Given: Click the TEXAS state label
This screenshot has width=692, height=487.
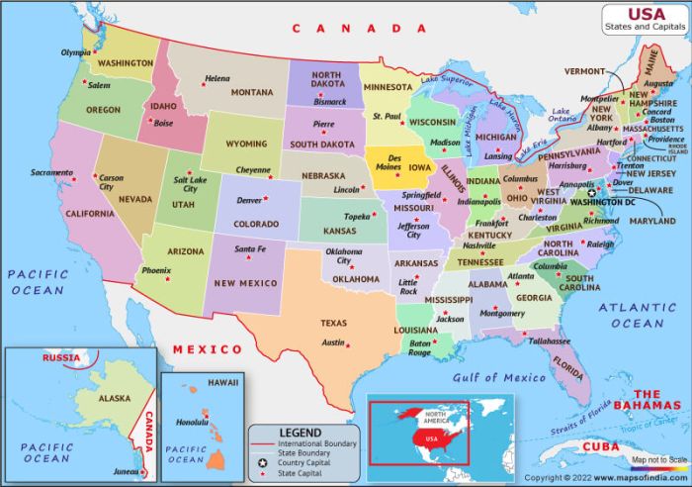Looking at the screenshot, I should pyautogui.click(x=333, y=323).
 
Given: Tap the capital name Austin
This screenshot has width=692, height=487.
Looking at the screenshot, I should pyautogui.click(x=333, y=342).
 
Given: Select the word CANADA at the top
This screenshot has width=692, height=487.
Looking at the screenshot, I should pyautogui.click(x=362, y=29).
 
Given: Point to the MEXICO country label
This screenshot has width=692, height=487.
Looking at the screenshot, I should pyautogui.click(x=208, y=349).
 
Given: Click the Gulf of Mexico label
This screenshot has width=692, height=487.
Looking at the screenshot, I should pyautogui.click(x=498, y=377).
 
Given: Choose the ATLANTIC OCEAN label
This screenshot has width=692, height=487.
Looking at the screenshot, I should pyautogui.click(x=638, y=316).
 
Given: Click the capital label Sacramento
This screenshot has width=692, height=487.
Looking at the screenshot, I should pyautogui.click(x=51, y=172).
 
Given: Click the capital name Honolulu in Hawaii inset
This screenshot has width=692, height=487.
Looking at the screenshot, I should pyautogui.click(x=193, y=423).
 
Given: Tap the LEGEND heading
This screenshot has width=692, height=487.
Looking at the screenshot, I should pyautogui.click(x=301, y=433).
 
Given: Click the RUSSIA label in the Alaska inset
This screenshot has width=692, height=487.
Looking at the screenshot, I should pyautogui.click(x=59, y=356).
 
